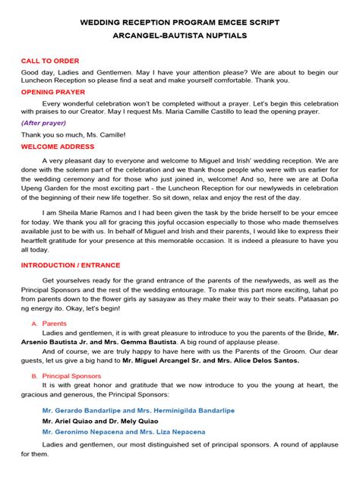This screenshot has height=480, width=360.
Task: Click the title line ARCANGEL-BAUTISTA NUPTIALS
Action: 180,36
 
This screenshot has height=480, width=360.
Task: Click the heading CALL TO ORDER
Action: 50,61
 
